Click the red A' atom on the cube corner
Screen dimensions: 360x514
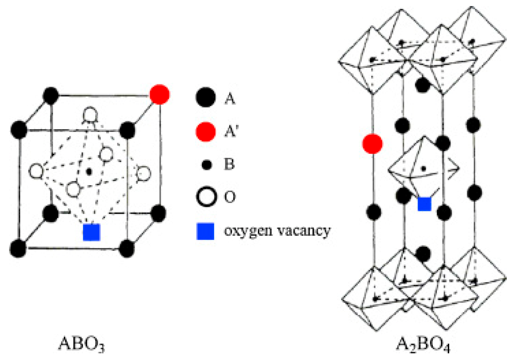coord(160,95)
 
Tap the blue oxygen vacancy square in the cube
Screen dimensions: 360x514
coord(92,232)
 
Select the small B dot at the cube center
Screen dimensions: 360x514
coord(89,172)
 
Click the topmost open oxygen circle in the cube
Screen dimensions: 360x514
coord(90,115)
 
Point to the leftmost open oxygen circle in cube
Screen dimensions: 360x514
coord(36,171)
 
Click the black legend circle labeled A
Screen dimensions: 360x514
coord(206,98)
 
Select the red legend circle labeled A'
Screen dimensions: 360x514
coord(206,132)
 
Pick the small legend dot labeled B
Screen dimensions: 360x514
coord(207,165)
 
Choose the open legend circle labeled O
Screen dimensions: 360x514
coord(206,197)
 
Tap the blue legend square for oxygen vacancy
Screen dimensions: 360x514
coord(206,231)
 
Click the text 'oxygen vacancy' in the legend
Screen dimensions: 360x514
coord(277,231)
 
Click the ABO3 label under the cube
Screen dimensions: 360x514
coord(81,344)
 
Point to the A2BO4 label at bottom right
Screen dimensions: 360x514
coord(423,344)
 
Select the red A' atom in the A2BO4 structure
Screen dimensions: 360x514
coord(372,143)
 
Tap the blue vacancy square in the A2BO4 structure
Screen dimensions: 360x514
coord(424,204)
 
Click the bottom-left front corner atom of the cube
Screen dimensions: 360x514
coord(18,248)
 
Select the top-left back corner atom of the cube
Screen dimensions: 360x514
coord(51,96)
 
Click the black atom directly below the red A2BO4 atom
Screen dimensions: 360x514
coord(374,212)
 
